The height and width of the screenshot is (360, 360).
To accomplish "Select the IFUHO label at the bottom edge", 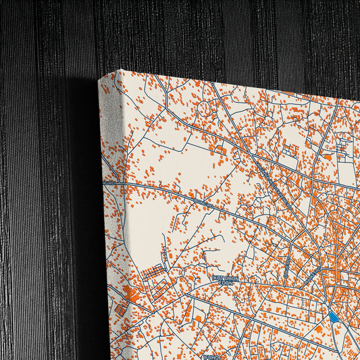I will click(x=211, y=353).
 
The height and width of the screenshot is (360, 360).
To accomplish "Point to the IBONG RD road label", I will click(x=203, y=203).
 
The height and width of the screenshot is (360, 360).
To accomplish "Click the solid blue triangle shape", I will click(x=334, y=315).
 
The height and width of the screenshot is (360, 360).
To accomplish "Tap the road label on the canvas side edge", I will click(x=109, y=182).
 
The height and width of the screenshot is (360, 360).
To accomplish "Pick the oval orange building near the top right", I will click(x=327, y=157).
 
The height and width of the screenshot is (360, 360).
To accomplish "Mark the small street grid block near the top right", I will click(x=344, y=145).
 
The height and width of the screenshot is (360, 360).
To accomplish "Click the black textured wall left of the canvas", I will click(x=41, y=203).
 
